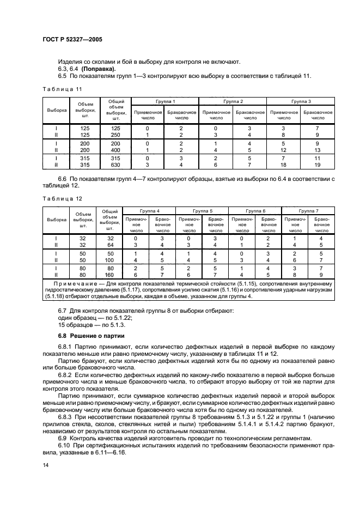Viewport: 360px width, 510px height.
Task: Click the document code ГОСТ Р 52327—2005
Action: pos(72,40)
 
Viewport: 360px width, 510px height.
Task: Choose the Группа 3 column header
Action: pos(301,101)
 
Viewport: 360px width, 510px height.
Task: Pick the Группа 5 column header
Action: pos(203,210)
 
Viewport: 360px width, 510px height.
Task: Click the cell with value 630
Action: pos(115,165)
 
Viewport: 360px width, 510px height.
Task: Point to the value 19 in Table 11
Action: pos(318,165)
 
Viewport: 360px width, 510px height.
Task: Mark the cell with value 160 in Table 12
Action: pos(109,275)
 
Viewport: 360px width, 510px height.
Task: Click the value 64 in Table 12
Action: pos(110,245)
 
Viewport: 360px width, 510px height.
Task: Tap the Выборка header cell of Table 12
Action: pos(56,220)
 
